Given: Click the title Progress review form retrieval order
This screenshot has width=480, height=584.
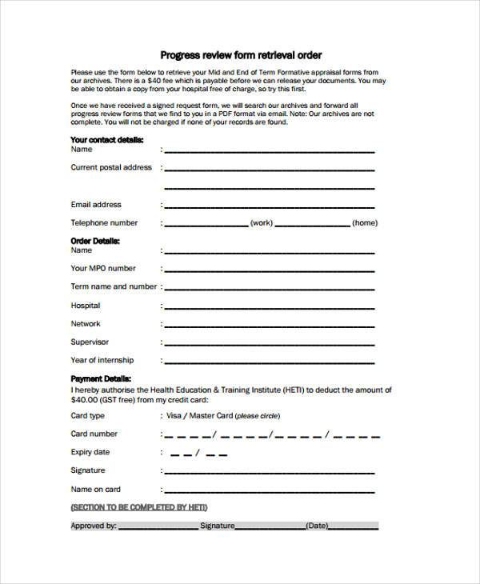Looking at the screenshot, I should click(x=241, y=55).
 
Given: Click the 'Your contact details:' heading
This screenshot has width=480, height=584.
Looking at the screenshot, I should click(x=106, y=139).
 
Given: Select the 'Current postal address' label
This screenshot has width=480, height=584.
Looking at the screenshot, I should click(x=111, y=167).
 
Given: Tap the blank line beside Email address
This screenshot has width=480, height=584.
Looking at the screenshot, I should click(x=269, y=206).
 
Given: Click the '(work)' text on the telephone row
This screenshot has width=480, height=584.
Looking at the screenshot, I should click(x=261, y=223).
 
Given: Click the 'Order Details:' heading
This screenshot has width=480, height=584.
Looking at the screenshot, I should click(x=95, y=240).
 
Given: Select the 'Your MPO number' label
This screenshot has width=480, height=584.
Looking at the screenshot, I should click(x=103, y=268).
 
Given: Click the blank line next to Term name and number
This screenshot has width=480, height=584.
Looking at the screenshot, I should click(x=269, y=288).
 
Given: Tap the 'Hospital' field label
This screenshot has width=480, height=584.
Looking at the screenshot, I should click(x=86, y=306).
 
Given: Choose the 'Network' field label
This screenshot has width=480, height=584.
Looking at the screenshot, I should click(x=86, y=324).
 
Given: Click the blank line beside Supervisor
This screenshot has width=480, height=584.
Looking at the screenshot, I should click(x=269, y=343).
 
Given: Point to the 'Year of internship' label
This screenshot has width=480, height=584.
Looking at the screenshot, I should click(x=102, y=360).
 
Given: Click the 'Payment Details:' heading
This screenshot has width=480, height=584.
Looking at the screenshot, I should click(x=101, y=378).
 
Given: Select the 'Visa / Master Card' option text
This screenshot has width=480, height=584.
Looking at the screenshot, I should click(x=198, y=416).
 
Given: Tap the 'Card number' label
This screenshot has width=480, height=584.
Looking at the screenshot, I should click(x=94, y=434).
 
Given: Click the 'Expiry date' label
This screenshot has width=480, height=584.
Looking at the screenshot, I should click(x=90, y=452).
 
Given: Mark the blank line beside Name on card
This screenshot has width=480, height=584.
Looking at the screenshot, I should click(x=269, y=490).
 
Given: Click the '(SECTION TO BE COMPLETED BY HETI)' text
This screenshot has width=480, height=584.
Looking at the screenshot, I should click(x=140, y=507).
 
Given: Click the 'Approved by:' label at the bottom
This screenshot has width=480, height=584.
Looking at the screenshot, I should click(x=94, y=526).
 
